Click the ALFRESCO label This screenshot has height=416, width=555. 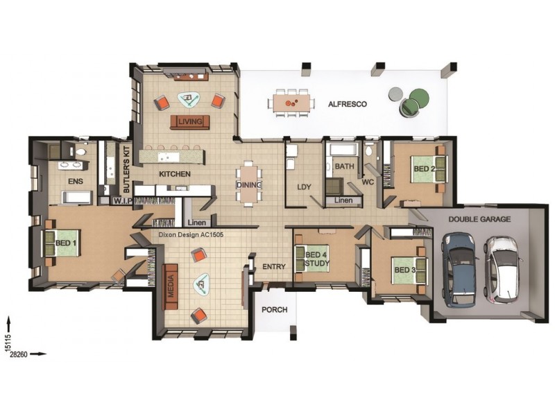click(348, 105)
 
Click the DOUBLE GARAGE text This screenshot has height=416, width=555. click(479, 219)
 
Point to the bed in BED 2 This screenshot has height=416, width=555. click(429, 169)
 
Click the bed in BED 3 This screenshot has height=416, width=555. click(409, 270)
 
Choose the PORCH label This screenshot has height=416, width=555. click(274, 310)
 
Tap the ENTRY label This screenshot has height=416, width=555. click(274, 267)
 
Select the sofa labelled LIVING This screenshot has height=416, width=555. click(190, 122)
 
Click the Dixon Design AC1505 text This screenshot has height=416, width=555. click(191, 234)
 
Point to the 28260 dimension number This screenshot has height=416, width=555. click(19, 354)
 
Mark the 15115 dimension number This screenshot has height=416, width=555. click(8, 342)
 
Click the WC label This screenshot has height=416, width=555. click(368, 182)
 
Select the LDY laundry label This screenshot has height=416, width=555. click(304, 187)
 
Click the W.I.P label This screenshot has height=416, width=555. click(123, 201)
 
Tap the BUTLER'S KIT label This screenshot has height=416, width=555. click(127, 170)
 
